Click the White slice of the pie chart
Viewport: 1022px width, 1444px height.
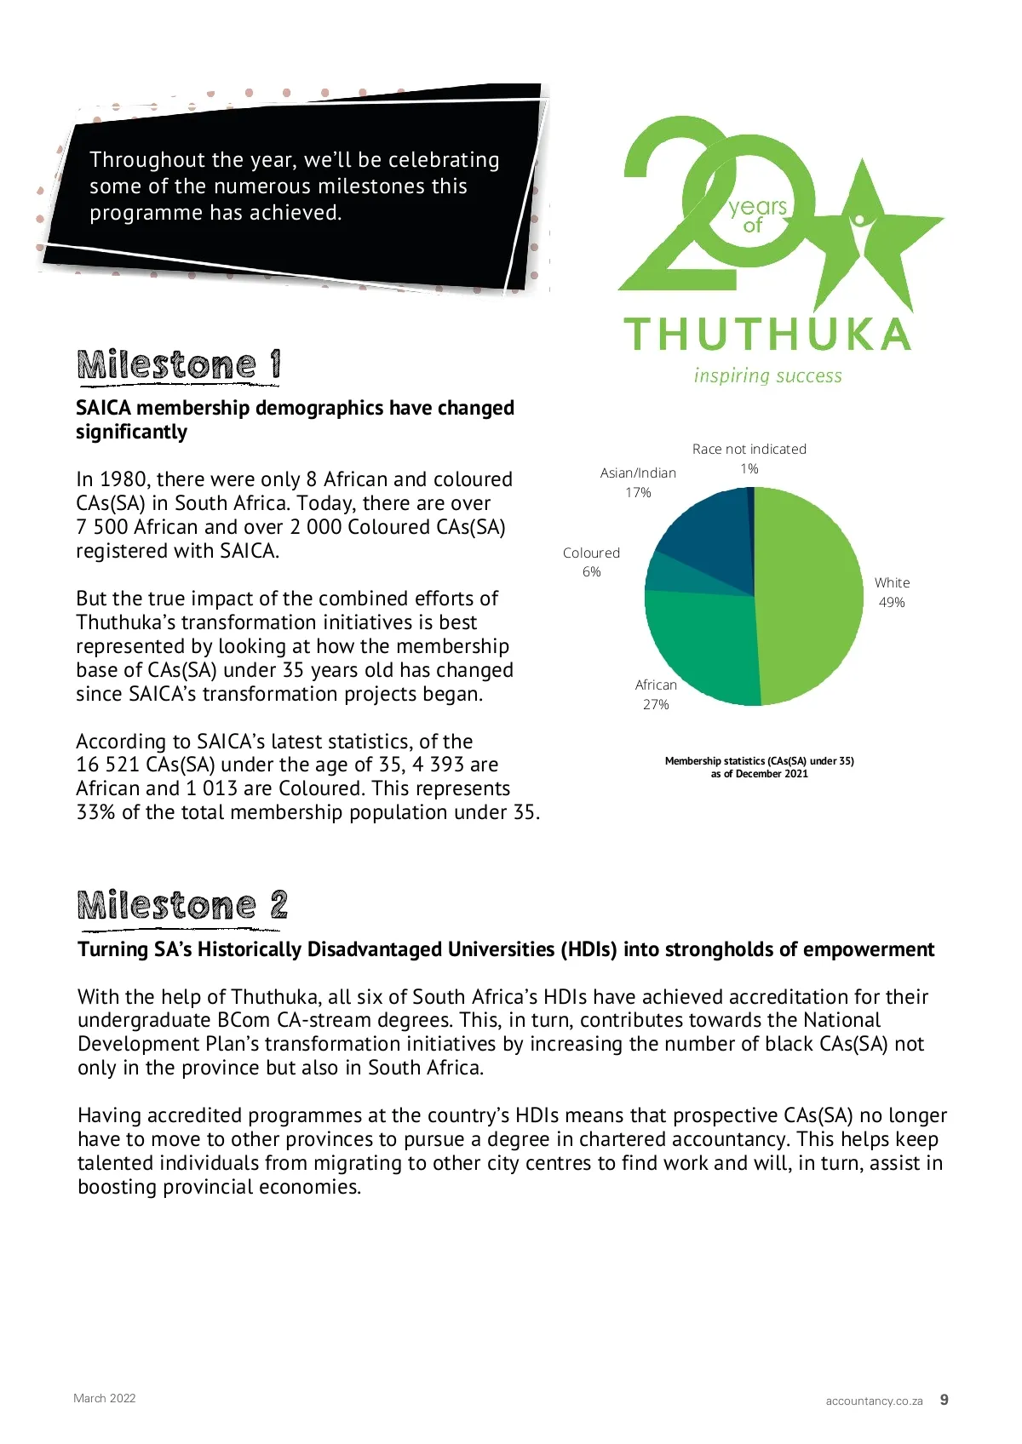click(x=809, y=596)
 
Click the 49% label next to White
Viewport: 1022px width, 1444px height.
click(x=892, y=603)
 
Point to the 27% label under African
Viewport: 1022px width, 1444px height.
click(x=656, y=705)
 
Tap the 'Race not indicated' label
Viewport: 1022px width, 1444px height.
click(x=749, y=449)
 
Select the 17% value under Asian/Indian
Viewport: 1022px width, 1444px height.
click(x=638, y=493)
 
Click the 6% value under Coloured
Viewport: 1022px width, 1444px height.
click(x=591, y=572)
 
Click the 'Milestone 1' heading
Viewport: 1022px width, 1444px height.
click(x=179, y=365)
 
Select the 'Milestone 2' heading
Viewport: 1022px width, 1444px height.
click(x=182, y=906)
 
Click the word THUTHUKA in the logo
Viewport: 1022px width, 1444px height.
click(x=767, y=335)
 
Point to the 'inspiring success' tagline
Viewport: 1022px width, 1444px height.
click(x=767, y=376)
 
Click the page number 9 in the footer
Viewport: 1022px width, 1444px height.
click(x=944, y=1400)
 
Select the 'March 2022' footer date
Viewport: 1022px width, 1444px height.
click(x=105, y=1398)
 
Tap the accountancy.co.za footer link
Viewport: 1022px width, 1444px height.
click(x=874, y=1401)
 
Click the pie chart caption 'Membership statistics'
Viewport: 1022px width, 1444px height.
click(x=759, y=761)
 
